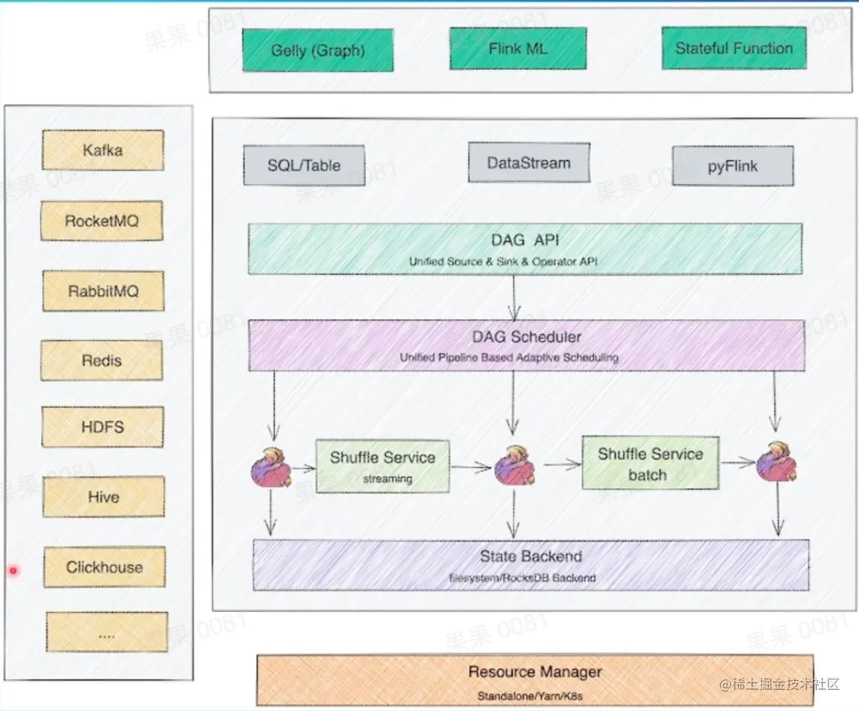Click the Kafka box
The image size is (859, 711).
(102, 150)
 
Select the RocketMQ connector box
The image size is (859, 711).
(102, 221)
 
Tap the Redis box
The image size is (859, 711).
(102, 361)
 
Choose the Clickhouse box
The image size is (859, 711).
(104, 567)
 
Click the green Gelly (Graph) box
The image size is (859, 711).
(317, 50)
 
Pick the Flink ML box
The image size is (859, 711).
(518, 49)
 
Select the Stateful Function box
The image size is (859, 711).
(733, 48)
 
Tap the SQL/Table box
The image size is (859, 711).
(304, 165)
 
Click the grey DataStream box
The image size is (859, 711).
(529, 162)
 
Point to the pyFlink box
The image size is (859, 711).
(733, 166)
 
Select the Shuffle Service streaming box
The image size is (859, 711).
(382, 466)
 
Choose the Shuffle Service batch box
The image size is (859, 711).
(650, 463)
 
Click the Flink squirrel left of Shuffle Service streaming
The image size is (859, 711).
(271, 466)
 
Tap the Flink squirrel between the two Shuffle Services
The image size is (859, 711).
(514, 464)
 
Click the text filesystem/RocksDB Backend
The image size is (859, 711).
(533, 578)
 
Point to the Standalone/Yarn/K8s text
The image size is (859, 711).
(530, 696)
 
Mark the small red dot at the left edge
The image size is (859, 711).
(13, 572)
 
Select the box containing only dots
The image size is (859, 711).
(107, 632)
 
